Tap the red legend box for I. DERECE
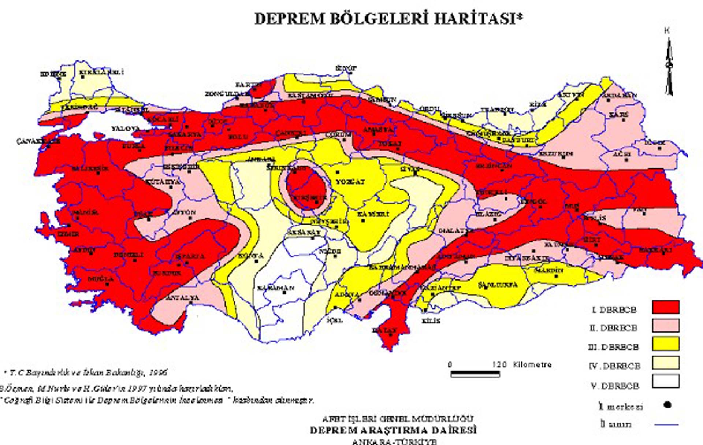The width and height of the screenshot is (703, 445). click(x=665, y=307)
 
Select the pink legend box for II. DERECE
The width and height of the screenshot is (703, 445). click(x=665, y=325)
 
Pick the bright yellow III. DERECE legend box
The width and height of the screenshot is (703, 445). click(x=665, y=344)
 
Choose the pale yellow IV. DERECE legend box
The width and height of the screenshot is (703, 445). click(x=665, y=363)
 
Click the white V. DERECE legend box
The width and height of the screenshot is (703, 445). click(x=665, y=381)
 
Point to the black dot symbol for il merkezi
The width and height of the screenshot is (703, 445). click(x=667, y=405)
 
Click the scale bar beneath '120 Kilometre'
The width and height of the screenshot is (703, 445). click(x=475, y=374)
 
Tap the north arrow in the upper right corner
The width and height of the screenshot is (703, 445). click(x=669, y=66)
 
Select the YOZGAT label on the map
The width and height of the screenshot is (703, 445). click(x=350, y=182)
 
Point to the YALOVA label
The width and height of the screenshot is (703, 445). click(x=126, y=129)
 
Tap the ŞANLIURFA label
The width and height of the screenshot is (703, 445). click(x=498, y=285)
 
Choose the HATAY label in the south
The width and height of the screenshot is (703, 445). click(x=384, y=330)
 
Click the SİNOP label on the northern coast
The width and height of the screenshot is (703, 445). click(x=346, y=68)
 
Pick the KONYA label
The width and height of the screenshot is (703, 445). click(x=251, y=256)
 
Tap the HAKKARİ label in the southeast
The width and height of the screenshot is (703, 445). click(x=655, y=250)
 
